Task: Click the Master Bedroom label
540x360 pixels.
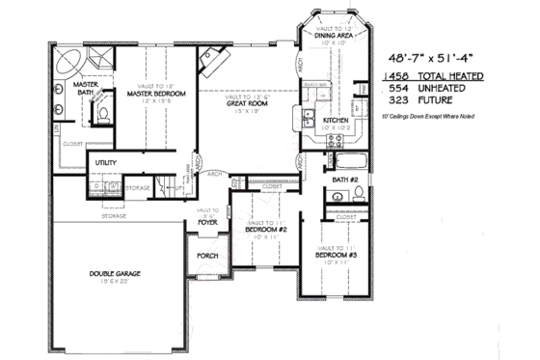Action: pyautogui.click(x=154, y=94)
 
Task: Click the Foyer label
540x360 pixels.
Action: pyautogui.click(x=207, y=222)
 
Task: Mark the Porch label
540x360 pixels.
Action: pyautogui.click(x=207, y=257)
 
